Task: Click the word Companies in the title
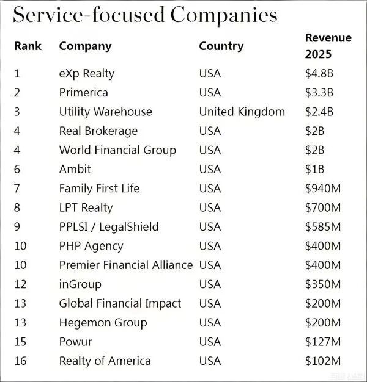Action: (223, 15)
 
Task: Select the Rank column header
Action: (28, 46)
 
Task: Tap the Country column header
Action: (221, 46)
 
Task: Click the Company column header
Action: (85, 46)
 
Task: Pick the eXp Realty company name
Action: (86, 74)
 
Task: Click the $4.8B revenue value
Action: (319, 74)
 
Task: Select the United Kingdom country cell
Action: (242, 112)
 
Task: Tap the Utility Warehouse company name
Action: (105, 112)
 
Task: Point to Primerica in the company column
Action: (83, 93)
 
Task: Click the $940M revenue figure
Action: (323, 189)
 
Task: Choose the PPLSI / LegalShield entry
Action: (108, 226)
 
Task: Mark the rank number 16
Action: (20, 361)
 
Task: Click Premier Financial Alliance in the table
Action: (125, 265)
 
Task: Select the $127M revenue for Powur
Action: (323, 342)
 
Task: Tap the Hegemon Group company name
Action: (103, 322)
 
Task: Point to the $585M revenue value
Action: (323, 226)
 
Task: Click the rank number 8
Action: (17, 207)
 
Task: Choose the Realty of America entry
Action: (105, 361)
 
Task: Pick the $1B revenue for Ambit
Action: (315, 169)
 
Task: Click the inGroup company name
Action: (80, 284)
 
